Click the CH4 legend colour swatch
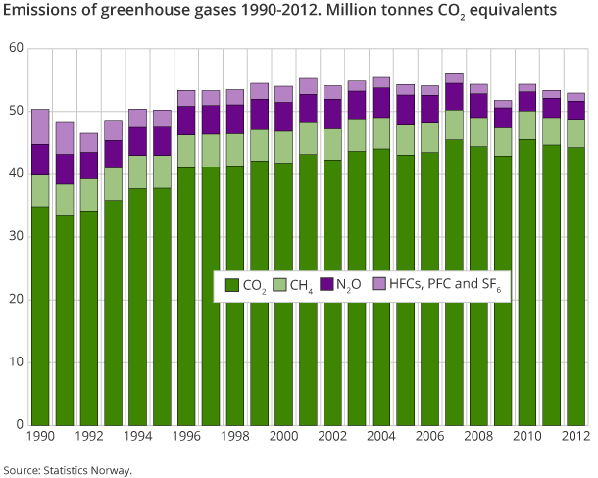pyautogui.click(x=278, y=286)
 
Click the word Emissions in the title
pyautogui.click(x=40, y=12)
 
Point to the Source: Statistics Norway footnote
pyautogui.click(x=67, y=469)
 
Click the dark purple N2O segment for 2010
pyautogui.click(x=526, y=101)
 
